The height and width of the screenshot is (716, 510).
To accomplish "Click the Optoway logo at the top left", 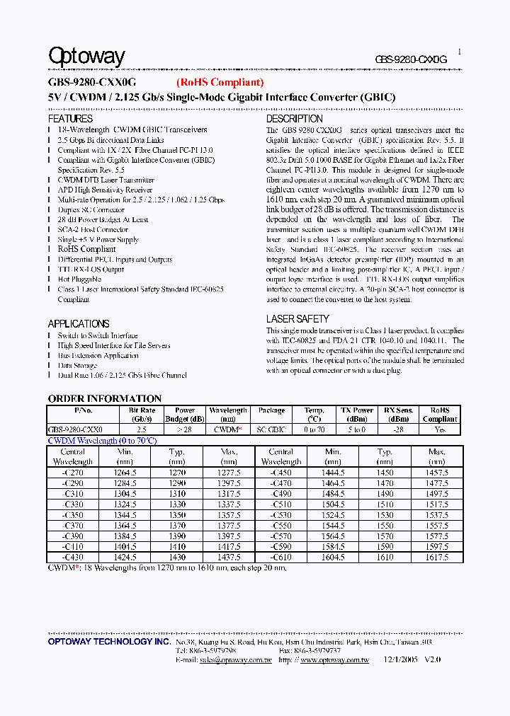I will [86, 57].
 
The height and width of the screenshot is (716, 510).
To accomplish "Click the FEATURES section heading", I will [70, 119].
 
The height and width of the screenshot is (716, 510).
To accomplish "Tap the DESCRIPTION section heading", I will [294, 119].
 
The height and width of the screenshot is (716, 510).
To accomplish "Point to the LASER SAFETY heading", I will [297, 319].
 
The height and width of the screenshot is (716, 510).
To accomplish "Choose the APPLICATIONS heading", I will [79, 324].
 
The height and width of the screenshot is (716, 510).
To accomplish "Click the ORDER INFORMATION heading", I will [105, 398].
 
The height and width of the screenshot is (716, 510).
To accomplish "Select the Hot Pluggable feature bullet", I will [79, 279].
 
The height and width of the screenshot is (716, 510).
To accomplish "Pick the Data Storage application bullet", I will [77, 366].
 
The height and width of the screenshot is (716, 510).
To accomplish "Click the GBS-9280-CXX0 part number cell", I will [75, 429].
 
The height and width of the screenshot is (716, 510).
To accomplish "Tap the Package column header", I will [271, 410].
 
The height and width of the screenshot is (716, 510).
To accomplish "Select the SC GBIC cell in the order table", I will [271, 429].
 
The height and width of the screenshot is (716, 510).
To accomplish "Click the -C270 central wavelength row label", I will [73, 473].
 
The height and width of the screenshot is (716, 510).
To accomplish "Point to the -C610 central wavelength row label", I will [281, 558].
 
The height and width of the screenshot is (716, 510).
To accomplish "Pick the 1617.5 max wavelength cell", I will [437, 558].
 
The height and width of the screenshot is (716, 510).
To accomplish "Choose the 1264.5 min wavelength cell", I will [125, 473].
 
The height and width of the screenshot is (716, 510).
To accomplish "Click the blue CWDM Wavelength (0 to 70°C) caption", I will [102, 441].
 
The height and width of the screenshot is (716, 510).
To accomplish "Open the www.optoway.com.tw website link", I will [334, 660].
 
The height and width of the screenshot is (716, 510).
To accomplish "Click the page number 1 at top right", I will [459, 52].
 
